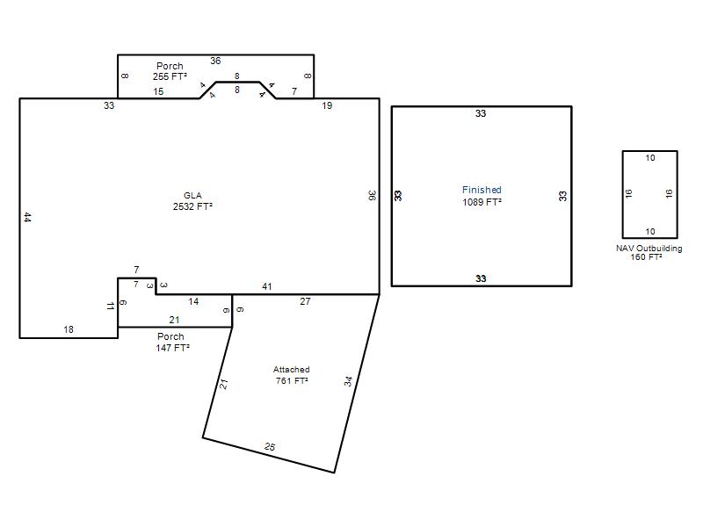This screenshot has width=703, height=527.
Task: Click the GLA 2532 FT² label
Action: pos(192,201)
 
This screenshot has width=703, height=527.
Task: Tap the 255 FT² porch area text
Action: pos(170,76)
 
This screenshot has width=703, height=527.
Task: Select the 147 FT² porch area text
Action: pos(172,348)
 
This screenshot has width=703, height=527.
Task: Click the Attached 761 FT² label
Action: pos(292,375)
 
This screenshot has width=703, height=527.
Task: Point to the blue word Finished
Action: pos(482,190)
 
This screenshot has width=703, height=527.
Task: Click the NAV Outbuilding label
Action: pos(649,249)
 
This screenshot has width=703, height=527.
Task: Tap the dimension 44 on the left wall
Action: pos(27,218)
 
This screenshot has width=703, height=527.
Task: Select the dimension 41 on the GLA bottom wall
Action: pos(267,286)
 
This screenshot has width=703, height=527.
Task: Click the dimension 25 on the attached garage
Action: pos(270,446)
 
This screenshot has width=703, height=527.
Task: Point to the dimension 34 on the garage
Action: pos(348,381)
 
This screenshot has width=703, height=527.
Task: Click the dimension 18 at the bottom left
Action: pos(69,329)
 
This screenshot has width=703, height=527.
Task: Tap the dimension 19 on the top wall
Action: pos(327,105)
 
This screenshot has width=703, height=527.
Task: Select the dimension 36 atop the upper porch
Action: pos(215,61)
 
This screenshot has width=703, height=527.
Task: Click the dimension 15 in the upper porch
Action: pos(158,91)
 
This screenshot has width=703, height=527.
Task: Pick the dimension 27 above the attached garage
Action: pos(305,301)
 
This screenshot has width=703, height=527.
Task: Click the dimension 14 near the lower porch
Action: pos(193,301)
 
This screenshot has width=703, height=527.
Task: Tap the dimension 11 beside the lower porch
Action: pos(111,306)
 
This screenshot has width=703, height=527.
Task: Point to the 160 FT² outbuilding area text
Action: pos(646,257)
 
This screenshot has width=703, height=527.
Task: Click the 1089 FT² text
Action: pos(482,202)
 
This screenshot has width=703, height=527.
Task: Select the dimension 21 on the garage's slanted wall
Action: pos(224,384)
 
